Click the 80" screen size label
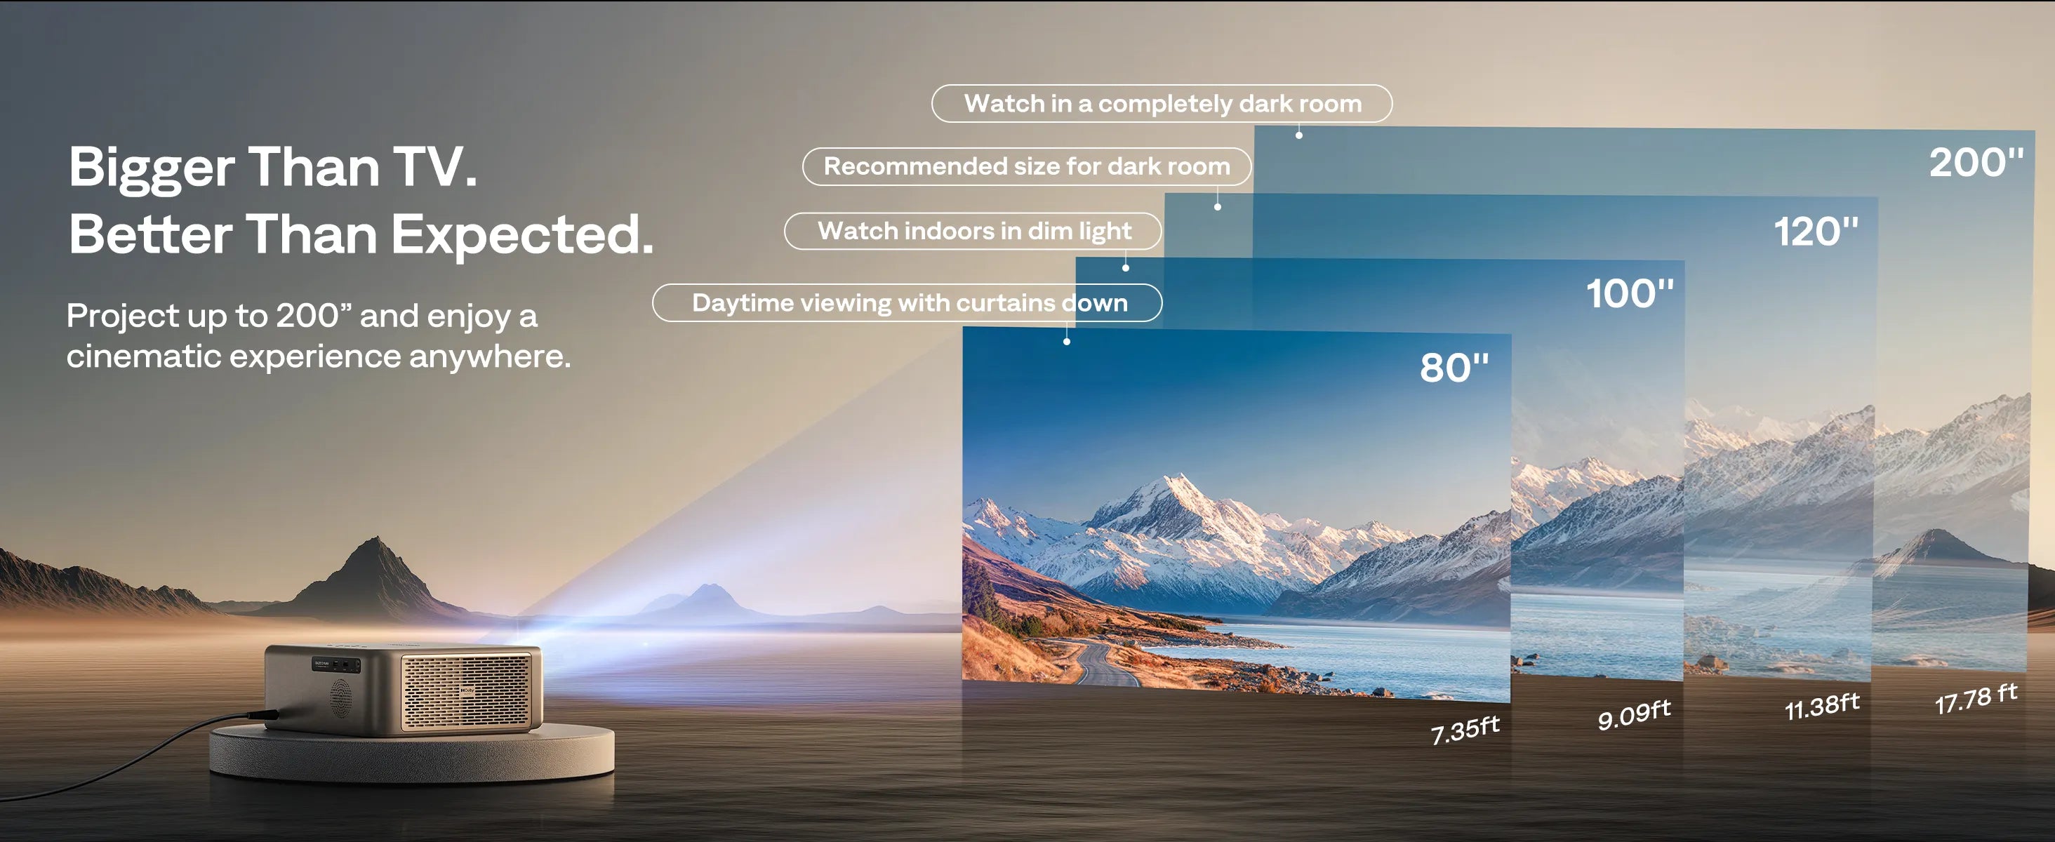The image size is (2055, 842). (1454, 368)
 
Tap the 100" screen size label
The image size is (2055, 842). (1629, 293)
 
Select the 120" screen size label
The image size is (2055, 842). (1816, 232)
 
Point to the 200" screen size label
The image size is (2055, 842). (1976, 163)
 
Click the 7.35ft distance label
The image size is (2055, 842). (1465, 730)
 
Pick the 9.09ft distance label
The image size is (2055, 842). (1634, 714)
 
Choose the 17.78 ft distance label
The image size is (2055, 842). (1976, 698)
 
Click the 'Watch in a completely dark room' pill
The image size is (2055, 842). (1162, 104)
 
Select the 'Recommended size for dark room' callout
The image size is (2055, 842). (1026, 167)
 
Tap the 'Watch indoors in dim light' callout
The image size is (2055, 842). (973, 232)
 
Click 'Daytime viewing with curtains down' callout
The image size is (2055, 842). (908, 303)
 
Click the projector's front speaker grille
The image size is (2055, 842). (466, 690)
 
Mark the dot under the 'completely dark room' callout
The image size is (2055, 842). (1298, 135)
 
